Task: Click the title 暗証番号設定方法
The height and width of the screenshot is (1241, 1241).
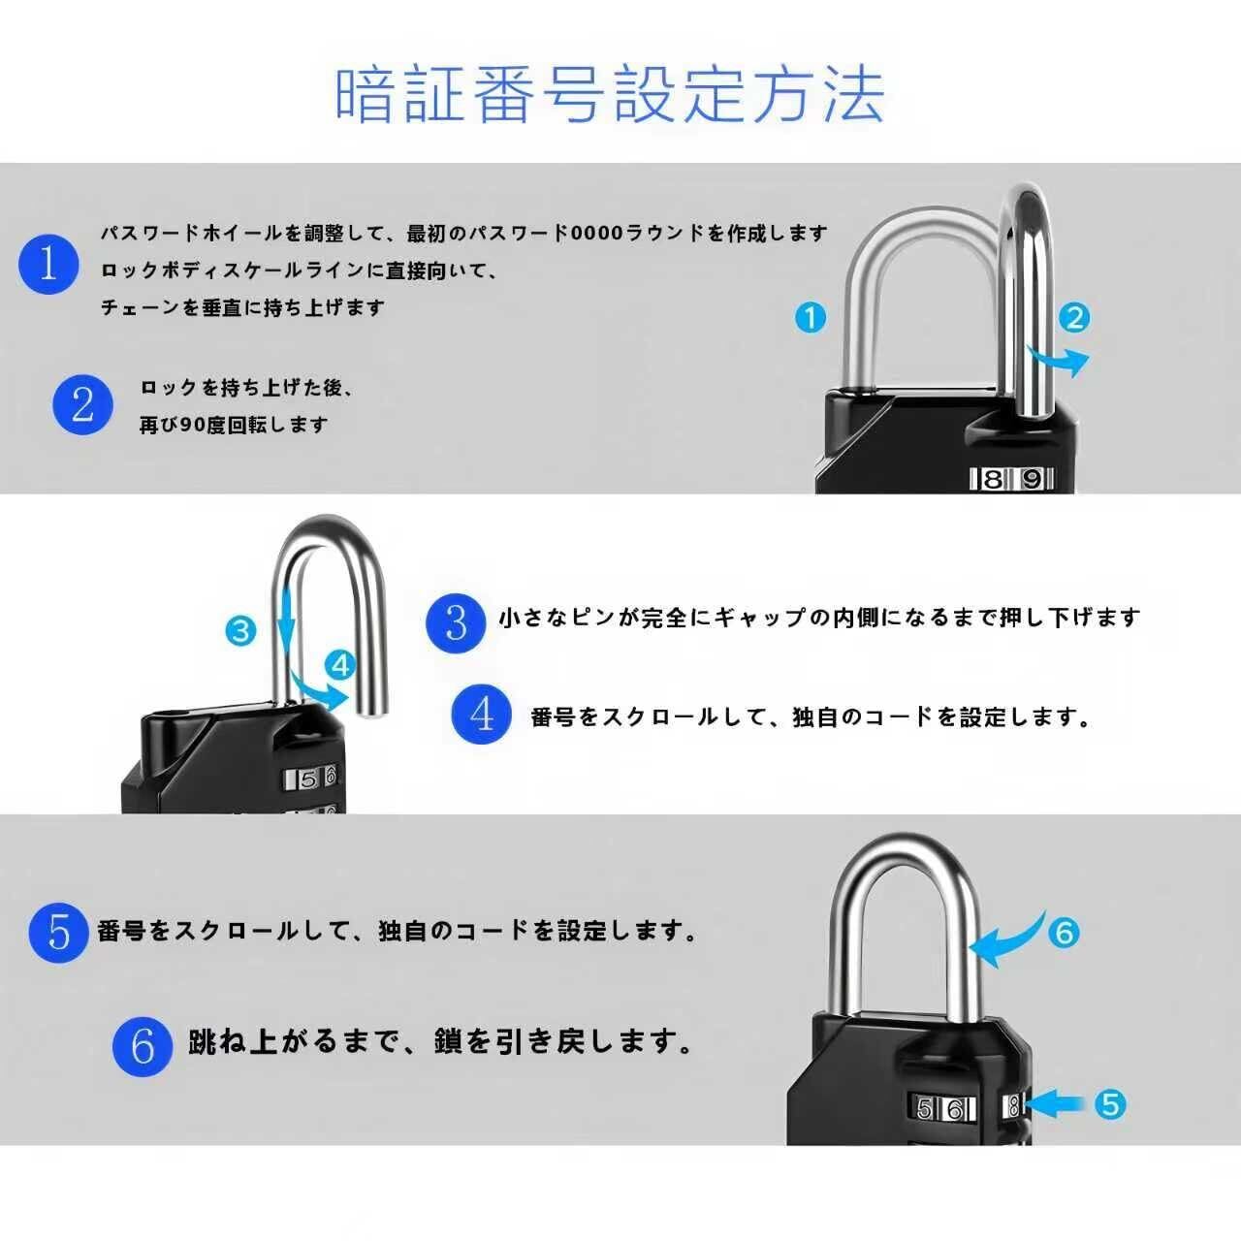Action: coord(609,94)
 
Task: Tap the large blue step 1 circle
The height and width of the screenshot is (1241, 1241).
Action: coord(48,263)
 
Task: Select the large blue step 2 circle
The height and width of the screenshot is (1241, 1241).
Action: coord(82,404)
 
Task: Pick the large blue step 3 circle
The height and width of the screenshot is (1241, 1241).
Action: coord(456,623)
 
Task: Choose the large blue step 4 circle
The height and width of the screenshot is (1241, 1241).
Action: coord(482,715)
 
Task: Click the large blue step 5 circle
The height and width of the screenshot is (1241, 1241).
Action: coord(58,932)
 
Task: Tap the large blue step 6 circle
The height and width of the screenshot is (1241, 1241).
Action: coord(143,1045)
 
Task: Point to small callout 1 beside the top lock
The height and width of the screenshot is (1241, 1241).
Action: coord(810,317)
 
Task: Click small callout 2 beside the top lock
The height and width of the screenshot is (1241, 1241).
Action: coord(1074,317)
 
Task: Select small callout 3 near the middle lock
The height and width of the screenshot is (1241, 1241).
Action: coord(240,631)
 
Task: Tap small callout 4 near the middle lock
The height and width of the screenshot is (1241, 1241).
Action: coord(340,665)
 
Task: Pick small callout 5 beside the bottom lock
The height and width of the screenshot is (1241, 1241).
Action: coord(1111,1104)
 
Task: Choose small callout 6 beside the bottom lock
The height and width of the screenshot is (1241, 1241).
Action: coord(1064,933)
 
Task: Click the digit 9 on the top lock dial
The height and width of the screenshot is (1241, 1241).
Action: coord(1033,479)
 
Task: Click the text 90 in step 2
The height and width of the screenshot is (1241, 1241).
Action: coord(191,425)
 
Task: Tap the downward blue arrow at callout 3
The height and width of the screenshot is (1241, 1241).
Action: coord(286,620)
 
